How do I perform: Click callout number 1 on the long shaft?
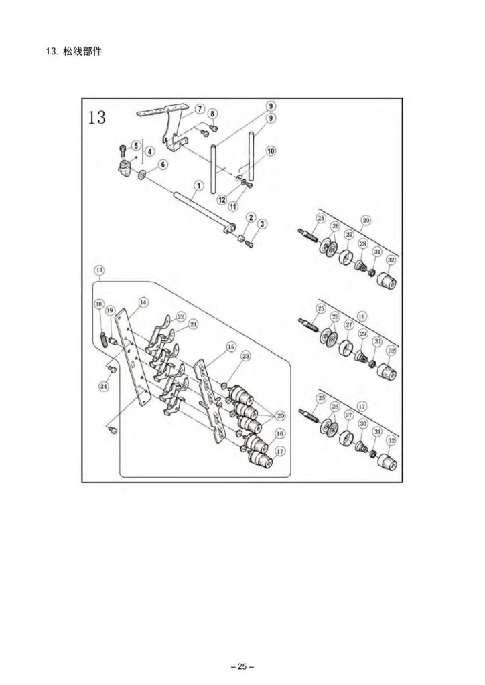[x=199, y=186]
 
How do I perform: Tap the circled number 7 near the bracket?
[x=199, y=108]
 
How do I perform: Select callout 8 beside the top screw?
[x=212, y=114]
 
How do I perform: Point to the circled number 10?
[x=271, y=151]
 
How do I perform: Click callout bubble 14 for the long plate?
[x=143, y=302]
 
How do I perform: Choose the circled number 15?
[x=231, y=347]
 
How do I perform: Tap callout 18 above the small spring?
[x=99, y=304]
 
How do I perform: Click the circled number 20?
[x=280, y=416]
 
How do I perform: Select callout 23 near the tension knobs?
[x=247, y=356]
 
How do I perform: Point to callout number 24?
[x=104, y=386]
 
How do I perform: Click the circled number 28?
[x=363, y=243]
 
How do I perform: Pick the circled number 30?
[x=363, y=423]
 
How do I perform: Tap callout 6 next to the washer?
[x=163, y=165]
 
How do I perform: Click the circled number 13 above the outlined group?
[x=99, y=270]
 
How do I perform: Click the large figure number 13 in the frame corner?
[x=96, y=117]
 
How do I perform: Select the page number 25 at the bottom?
[x=242, y=667]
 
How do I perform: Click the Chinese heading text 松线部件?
[x=82, y=51]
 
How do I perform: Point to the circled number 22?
[x=181, y=316]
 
